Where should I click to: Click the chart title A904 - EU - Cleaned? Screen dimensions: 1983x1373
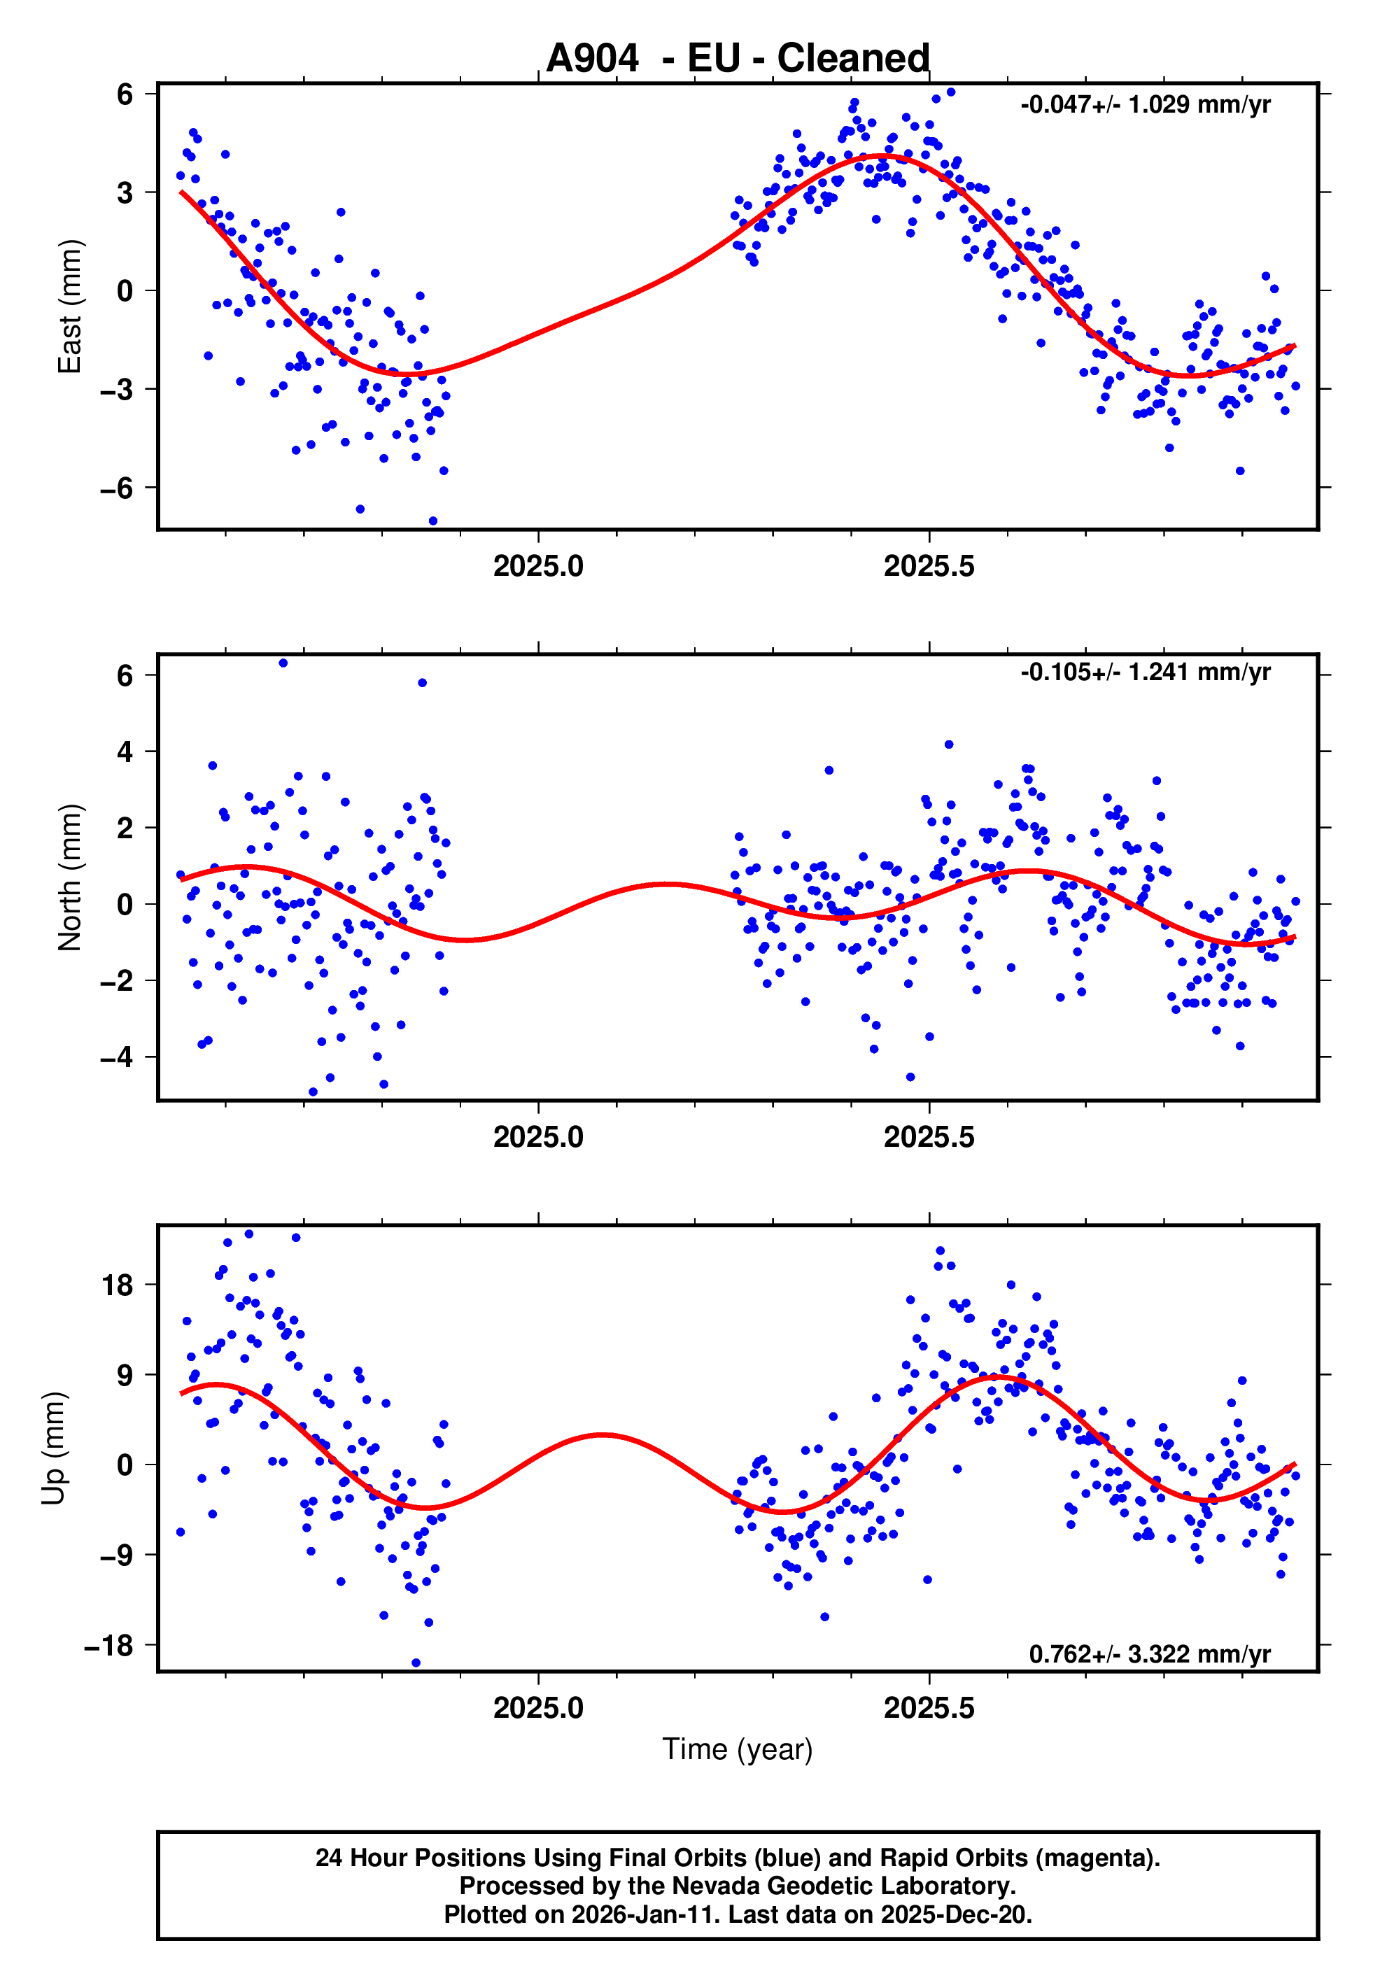[738, 59]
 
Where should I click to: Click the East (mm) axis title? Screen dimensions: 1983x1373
[70, 306]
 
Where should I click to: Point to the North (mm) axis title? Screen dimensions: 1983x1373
[70, 877]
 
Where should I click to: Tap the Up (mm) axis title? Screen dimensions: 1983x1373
[53, 1448]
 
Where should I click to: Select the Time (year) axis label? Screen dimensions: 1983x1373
[738, 1749]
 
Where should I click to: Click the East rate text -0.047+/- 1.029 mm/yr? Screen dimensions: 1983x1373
[1145, 105]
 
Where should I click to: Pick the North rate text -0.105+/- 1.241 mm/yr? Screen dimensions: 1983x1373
[1145, 672]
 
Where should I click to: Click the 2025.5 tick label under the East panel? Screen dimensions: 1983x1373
[929, 567]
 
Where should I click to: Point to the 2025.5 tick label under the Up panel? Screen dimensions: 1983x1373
[929, 1708]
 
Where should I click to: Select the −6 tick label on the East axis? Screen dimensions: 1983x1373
[116, 488]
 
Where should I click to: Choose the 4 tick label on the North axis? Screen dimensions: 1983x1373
[125, 751]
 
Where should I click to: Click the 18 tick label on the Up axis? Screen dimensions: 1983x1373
[117, 1285]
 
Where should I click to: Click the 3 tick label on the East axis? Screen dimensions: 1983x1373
[125, 192]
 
